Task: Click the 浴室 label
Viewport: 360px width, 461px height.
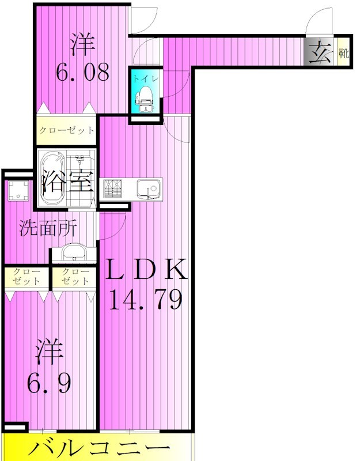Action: pyautogui.click(x=67, y=183)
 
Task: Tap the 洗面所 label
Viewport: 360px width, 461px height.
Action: pyautogui.click(x=48, y=229)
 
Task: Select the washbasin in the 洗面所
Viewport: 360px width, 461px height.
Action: pyautogui.click(x=73, y=253)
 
